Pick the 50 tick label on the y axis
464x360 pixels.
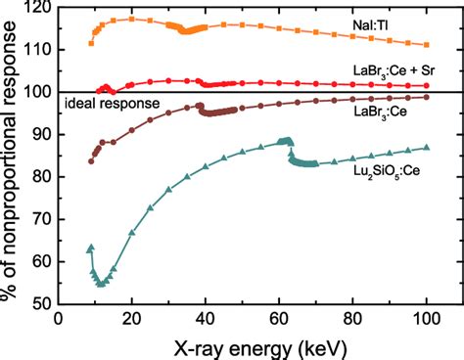(41, 303)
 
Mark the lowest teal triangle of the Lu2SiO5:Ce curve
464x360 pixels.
(101, 284)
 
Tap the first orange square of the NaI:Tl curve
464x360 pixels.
(91, 43)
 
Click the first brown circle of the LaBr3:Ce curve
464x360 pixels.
(91, 160)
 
